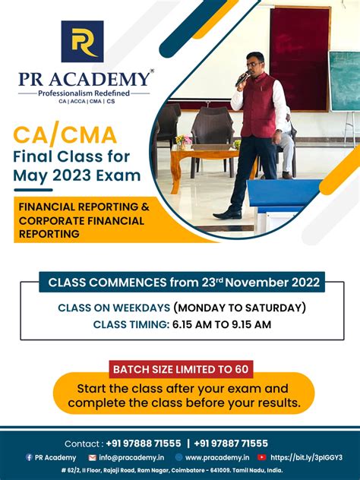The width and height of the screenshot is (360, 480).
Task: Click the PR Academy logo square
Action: (82, 42)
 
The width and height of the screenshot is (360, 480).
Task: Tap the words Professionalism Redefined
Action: (84, 92)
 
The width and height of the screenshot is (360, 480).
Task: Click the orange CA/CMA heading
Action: (65, 136)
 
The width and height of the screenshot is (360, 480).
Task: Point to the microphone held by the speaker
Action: (242, 77)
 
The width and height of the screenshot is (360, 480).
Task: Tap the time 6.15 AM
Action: (194, 324)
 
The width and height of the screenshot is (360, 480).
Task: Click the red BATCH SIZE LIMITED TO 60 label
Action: (181, 370)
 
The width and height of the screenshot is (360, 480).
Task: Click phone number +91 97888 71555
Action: (144, 444)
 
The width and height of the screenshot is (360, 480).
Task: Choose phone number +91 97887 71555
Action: (231, 444)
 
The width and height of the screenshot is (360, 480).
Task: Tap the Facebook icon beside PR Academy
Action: (29, 457)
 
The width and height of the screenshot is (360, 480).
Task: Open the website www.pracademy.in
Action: (217, 457)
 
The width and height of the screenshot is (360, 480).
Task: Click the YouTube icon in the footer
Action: (262, 457)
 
